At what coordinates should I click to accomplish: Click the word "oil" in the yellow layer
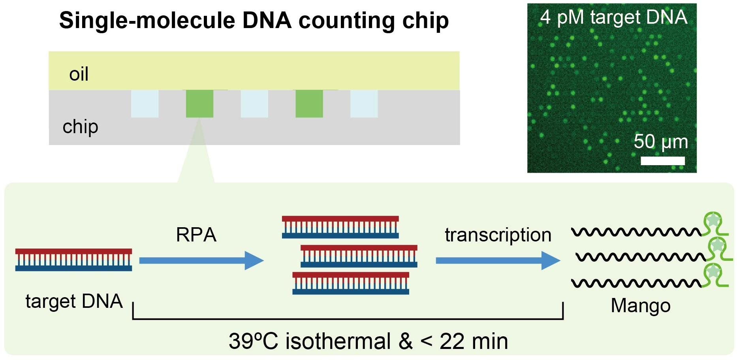(79, 74)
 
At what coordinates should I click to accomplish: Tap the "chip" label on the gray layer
(80, 127)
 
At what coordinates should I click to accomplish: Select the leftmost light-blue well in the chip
(145, 104)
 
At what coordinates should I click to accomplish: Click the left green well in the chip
(199, 104)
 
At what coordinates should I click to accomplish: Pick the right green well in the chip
(309, 104)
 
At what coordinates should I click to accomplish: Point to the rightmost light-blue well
(364, 104)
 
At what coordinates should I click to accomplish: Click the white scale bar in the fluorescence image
(662, 160)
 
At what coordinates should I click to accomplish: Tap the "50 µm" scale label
(660, 141)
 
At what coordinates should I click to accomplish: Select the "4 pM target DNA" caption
(613, 17)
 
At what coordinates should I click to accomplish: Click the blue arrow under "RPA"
(201, 260)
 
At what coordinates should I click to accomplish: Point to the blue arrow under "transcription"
(498, 260)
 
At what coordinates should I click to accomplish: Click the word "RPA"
(196, 235)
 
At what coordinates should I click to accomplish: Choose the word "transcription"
(498, 235)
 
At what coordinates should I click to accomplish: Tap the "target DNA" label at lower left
(74, 301)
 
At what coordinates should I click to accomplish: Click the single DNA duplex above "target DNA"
(73, 260)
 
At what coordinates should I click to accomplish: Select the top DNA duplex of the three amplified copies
(340, 227)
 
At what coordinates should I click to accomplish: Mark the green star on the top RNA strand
(713, 220)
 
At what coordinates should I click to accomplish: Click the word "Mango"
(640, 305)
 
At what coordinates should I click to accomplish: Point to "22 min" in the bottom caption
(474, 341)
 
